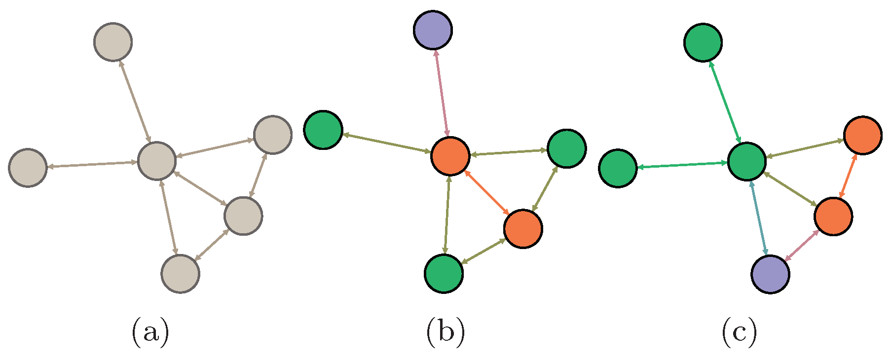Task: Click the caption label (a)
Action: (150, 332)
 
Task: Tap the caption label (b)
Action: (445, 332)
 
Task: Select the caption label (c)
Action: (739, 332)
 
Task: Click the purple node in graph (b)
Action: (433, 30)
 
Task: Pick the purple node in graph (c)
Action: (770, 274)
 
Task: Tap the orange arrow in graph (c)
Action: (848, 176)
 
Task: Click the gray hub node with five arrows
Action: (157, 160)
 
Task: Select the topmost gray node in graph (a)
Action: (112, 42)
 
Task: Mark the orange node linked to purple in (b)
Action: (450, 156)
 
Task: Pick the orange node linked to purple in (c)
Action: (833, 216)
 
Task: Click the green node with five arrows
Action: (747, 161)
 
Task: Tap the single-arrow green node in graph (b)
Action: (323, 130)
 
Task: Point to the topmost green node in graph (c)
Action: (703, 42)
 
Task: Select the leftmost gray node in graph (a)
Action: (28, 168)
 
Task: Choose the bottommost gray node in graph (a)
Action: (181, 274)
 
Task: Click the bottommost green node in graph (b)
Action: (444, 273)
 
